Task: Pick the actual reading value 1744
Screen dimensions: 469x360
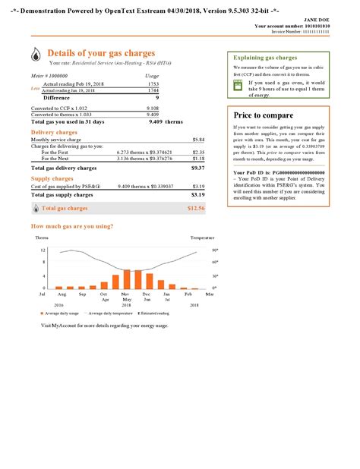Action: [153, 90]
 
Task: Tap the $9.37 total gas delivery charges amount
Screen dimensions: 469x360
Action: [198, 168]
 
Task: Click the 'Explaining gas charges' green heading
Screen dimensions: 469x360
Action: [265, 58]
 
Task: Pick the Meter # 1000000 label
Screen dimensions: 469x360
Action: [49, 76]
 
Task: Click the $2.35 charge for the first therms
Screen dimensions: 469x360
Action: [199, 152]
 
